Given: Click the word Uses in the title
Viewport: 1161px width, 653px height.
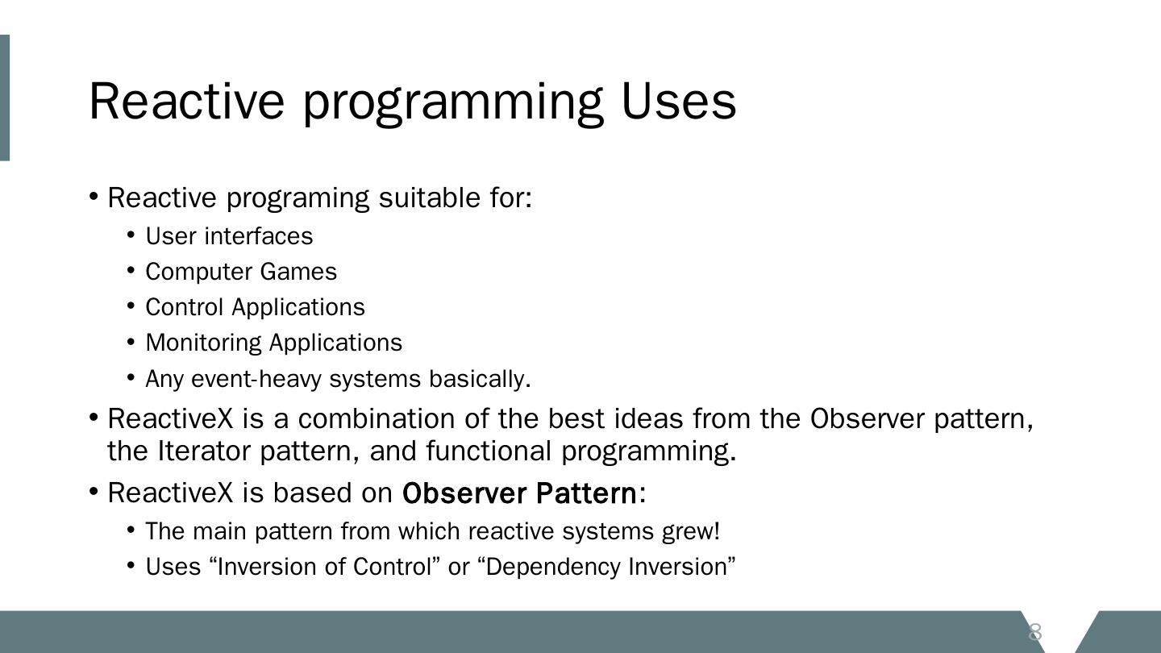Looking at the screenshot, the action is (x=679, y=102).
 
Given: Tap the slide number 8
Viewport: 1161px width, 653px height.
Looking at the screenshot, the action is (x=1034, y=632).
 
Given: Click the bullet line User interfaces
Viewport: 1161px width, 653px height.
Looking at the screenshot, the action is (x=229, y=236).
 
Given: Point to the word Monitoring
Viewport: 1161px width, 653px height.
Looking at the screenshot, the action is (x=204, y=343).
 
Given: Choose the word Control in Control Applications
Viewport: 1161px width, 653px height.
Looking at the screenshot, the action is (x=184, y=307).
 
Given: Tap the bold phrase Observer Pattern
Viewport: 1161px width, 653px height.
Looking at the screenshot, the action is (x=519, y=493).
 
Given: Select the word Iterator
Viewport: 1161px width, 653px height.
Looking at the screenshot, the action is (x=204, y=451).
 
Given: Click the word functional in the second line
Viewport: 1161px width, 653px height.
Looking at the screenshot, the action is (x=489, y=451).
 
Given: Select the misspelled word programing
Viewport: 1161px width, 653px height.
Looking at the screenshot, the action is (x=298, y=199).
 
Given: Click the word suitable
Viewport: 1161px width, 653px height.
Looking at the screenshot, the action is (x=430, y=198).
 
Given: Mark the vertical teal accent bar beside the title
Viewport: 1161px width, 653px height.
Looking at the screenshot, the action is (x=5, y=98).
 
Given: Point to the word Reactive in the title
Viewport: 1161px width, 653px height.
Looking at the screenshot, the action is (x=186, y=102).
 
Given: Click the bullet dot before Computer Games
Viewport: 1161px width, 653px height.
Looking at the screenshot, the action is (x=131, y=271).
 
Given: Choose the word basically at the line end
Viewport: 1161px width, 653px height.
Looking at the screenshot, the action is (x=480, y=379).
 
